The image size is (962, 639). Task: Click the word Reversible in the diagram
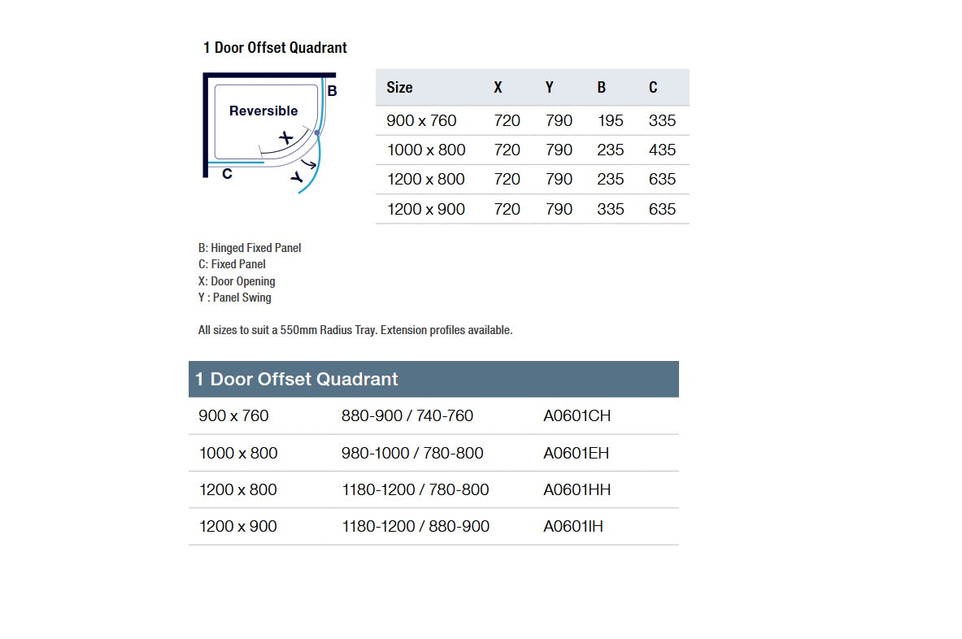tap(263, 111)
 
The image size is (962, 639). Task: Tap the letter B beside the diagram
tap(332, 91)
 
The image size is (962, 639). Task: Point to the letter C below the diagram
tap(227, 173)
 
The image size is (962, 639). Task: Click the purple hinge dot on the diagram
tap(317, 132)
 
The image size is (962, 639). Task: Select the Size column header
tap(399, 87)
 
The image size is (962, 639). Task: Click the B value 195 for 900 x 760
tap(610, 120)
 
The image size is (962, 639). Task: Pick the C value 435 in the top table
tap(662, 150)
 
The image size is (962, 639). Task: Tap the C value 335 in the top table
tap(662, 120)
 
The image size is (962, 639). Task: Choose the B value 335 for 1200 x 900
tap(610, 209)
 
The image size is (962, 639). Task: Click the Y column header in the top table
tap(550, 87)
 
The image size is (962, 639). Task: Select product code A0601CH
tap(577, 415)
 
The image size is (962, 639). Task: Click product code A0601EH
tap(576, 453)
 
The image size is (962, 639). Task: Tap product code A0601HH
tap(577, 489)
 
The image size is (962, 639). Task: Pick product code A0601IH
tap(573, 526)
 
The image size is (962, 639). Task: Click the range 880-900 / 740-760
tap(407, 415)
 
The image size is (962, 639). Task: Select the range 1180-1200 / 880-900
tap(415, 526)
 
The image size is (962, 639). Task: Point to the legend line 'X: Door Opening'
tap(237, 281)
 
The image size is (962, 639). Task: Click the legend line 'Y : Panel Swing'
tap(235, 298)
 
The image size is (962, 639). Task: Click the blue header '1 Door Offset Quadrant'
tap(297, 379)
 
